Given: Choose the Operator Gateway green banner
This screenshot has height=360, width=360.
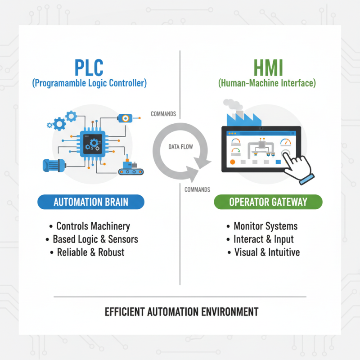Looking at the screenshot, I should pos(268,202).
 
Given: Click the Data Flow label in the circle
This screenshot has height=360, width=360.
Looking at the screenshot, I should pos(180,147).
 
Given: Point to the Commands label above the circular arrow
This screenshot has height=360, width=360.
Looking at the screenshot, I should pos(163,114).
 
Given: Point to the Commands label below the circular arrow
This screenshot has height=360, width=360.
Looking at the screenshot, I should pos(197,189).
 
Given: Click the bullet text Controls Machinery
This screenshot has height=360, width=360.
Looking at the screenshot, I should pos(93,226).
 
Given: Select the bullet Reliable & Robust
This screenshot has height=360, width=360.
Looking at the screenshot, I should pos(90,252).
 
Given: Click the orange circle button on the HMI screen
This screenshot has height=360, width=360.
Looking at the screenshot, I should pos(233,162).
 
